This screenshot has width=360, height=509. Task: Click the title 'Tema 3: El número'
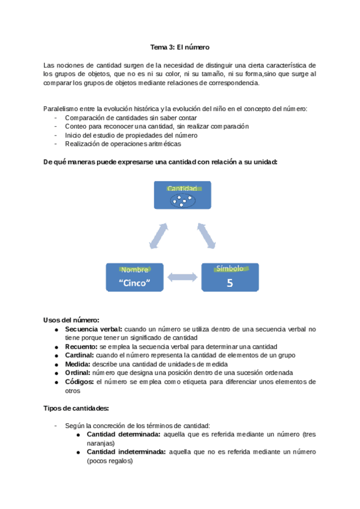pyautogui.click(x=179, y=47)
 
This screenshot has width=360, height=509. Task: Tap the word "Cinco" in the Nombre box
pyautogui.click(x=134, y=283)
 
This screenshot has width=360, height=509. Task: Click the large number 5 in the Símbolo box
pyautogui.click(x=230, y=283)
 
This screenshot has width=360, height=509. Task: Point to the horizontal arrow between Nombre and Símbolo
pyautogui.click(x=181, y=277)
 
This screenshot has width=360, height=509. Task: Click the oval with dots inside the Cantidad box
pyautogui.click(x=182, y=201)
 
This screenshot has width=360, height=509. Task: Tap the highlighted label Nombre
pyautogui.click(x=134, y=270)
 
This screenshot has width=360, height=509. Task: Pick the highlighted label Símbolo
pyautogui.click(x=230, y=269)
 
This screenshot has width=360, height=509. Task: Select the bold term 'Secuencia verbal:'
pyautogui.click(x=93, y=329)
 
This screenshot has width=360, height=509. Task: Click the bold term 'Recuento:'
pyautogui.click(x=81, y=346)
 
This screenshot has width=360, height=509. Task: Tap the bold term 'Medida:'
pyautogui.click(x=77, y=364)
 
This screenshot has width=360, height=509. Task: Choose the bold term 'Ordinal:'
pyautogui.click(x=78, y=372)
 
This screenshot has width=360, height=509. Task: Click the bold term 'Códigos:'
pyautogui.click(x=79, y=381)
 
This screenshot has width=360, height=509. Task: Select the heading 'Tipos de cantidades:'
pyautogui.click(x=76, y=408)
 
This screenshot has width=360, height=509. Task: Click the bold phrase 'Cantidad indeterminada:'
pyautogui.click(x=126, y=452)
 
